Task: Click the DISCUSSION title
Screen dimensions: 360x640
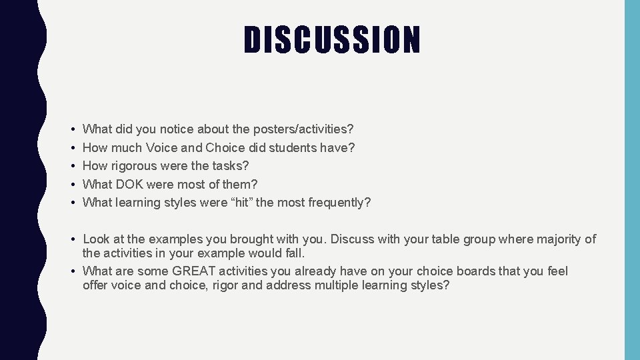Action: pyautogui.click(x=332, y=40)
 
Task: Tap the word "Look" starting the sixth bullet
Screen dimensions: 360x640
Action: pyautogui.click(x=96, y=239)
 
